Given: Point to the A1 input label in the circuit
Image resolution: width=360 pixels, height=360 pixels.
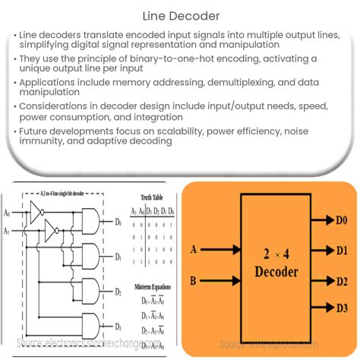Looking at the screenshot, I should click(7, 230).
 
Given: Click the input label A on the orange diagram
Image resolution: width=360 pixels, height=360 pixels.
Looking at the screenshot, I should click(194, 248).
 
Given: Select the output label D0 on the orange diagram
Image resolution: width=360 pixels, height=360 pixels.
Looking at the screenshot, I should click(343, 222).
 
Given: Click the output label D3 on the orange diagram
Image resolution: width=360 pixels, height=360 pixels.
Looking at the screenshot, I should click(343, 307).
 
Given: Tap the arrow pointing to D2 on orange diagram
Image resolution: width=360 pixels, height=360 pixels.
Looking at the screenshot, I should click(318, 279).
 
